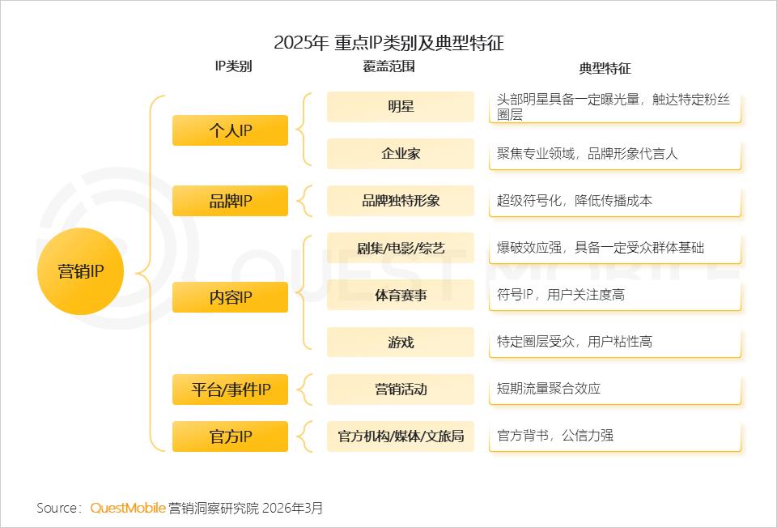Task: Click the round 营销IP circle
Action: [80, 271]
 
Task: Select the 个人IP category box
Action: [230, 130]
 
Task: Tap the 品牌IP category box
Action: [230, 201]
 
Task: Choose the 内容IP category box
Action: [230, 296]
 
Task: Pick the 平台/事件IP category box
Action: [230, 390]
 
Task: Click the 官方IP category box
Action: [230, 436]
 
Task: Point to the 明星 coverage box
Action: [401, 107]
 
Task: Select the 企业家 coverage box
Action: [401, 154]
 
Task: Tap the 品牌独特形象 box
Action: [401, 201]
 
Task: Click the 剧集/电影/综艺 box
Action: [401, 248]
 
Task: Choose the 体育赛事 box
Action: [401, 295]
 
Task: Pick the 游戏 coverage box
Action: [401, 343]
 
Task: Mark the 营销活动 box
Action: [401, 390]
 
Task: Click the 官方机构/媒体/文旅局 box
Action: [401, 436]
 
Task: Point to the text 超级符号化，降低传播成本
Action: [575, 201]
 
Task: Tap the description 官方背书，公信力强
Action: [555, 436]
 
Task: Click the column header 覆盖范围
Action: [388, 67]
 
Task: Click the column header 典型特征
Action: [605, 69]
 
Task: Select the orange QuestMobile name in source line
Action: [128, 508]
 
